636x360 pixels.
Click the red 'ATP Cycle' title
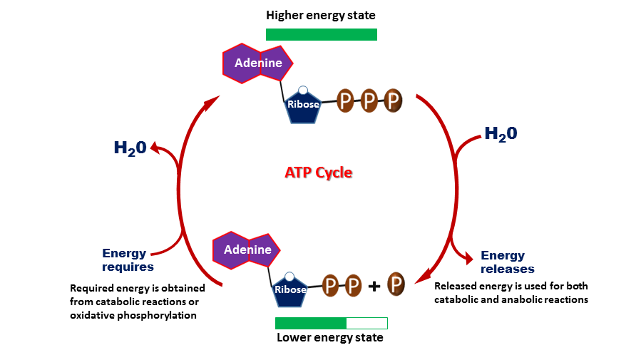[318, 173]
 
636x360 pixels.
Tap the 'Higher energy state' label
[320, 15]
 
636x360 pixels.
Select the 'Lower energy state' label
[329, 337]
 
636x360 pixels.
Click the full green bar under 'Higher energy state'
[321, 34]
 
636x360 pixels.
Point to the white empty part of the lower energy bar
[366, 323]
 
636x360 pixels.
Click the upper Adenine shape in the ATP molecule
[257, 63]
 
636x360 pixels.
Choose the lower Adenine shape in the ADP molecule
[247, 250]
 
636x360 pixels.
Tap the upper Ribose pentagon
[303, 106]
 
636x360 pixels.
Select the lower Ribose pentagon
[289, 289]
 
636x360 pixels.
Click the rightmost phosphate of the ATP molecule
[392, 101]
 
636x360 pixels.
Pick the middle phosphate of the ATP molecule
[369, 101]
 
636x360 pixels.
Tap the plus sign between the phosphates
[374, 287]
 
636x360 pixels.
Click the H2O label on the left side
[130, 148]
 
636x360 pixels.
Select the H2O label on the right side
[501, 133]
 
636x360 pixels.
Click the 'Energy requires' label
[127, 259]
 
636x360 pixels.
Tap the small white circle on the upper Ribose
[303, 91]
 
